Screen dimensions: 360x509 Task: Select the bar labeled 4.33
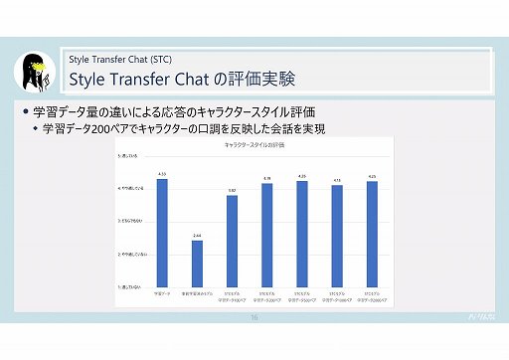pyautogui.click(x=162, y=233)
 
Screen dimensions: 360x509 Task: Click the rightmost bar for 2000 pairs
pyautogui.click(x=372, y=235)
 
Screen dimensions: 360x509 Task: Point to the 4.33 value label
pyautogui.click(x=162, y=175)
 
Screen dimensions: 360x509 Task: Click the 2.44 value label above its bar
pyautogui.click(x=197, y=236)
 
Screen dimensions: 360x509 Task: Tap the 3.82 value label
pyautogui.click(x=232, y=191)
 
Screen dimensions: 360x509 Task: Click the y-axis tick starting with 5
pyautogui.click(x=130, y=157)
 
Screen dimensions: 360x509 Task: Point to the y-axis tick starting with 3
pyautogui.click(x=130, y=222)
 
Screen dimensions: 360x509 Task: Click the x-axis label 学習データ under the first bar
pyautogui.click(x=162, y=294)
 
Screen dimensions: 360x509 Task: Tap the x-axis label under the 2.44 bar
pyautogui.click(x=197, y=295)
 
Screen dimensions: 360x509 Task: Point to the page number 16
pyautogui.click(x=254, y=319)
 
